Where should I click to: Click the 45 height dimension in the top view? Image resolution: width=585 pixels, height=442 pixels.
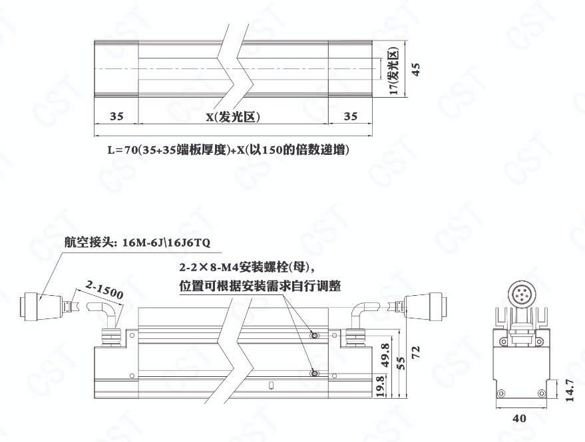416,69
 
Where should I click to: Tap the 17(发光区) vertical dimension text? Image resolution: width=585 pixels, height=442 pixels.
394,71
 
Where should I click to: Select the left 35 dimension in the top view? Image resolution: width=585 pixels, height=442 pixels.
116,116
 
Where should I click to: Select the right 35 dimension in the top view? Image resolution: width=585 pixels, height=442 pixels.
350,116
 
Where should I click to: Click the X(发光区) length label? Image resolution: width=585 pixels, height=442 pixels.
233,117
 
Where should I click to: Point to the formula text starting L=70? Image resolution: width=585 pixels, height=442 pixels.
228,150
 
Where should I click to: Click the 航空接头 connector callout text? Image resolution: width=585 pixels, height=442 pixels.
137,243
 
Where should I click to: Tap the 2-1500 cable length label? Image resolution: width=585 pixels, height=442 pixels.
104,290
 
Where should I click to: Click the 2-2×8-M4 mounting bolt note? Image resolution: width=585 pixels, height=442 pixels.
248,267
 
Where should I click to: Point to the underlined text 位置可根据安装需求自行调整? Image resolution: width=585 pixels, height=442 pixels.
260,286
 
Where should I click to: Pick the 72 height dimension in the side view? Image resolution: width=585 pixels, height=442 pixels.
415,352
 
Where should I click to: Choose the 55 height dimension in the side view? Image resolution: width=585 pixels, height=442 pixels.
401,364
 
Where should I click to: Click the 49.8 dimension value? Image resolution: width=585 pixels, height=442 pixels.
385,355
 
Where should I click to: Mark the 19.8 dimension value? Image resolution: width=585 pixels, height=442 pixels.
380,386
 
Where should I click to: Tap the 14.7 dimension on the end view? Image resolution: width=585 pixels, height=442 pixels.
569,390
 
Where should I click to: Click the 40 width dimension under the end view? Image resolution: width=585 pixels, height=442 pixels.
519,418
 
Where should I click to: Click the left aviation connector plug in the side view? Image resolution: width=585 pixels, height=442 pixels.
42,306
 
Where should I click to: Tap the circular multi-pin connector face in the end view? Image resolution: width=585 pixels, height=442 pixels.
521,294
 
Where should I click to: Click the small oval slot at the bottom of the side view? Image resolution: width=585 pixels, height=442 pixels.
272,385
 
